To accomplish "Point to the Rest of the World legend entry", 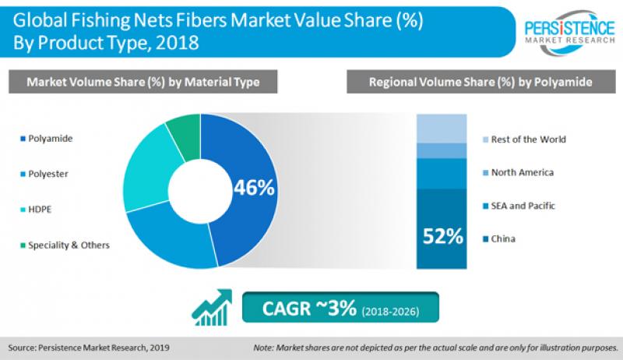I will [x=528, y=139].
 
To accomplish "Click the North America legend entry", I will [x=522, y=172].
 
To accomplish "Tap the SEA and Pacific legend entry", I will [x=525, y=205].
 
